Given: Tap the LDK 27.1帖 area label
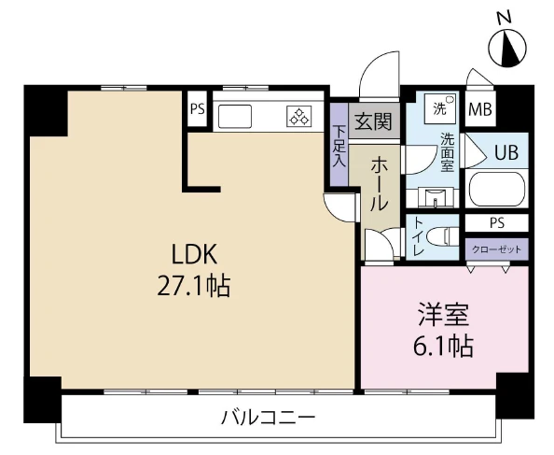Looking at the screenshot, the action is pyautogui.click(x=194, y=270).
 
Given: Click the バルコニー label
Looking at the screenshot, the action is pyautogui.click(x=268, y=418).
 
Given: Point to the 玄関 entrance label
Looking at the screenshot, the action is pyautogui.click(x=374, y=121).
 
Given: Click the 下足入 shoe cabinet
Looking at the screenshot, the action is pyautogui.click(x=339, y=144).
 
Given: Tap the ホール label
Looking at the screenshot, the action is pyautogui.click(x=380, y=184).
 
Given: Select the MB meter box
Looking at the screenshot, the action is pyautogui.click(x=480, y=108).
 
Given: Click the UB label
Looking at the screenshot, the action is pyautogui.click(x=506, y=153).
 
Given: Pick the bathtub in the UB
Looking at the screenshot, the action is pyautogui.click(x=497, y=188).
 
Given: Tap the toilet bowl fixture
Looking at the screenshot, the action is pyautogui.click(x=443, y=236).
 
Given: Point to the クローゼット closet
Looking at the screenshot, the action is pyautogui.click(x=497, y=249).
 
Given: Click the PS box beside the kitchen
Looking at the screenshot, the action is pyautogui.click(x=197, y=108).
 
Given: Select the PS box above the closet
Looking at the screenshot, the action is pyautogui.click(x=497, y=223).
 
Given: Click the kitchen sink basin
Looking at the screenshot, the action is pyautogui.click(x=235, y=117).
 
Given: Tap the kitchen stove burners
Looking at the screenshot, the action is pyautogui.click(x=299, y=117).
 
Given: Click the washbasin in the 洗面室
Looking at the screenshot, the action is pyautogui.click(x=435, y=198).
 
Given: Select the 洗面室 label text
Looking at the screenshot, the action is pyautogui.click(x=447, y=152).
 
